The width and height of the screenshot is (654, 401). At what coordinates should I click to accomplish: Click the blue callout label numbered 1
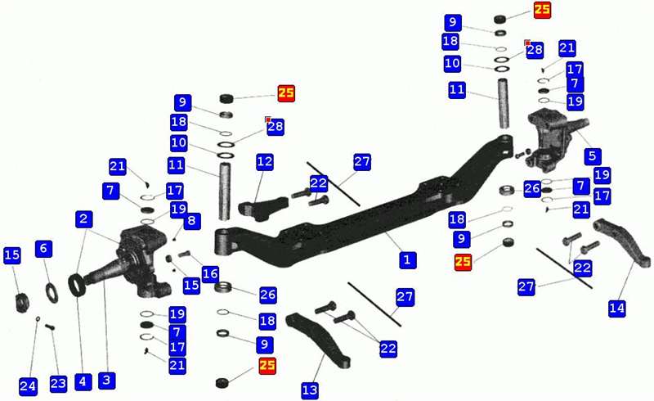click(x=407, y=259)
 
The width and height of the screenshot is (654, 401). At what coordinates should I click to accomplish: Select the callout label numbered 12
click(x=265, y=162)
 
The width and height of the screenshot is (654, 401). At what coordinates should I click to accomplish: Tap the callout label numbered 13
click(x=310, y=390)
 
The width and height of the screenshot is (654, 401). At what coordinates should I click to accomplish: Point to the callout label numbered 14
click(x=617, y=309)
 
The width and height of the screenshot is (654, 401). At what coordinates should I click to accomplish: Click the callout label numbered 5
click(x=593, y=156)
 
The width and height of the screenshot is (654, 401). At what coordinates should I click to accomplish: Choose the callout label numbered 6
click(x=44, y=249)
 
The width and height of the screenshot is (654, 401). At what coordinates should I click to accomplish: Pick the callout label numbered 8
click(x=191, y=221)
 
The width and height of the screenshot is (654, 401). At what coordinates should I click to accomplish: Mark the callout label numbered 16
click(x=210, y=274)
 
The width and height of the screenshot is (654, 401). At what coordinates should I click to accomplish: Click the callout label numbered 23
click(x=58, y=384)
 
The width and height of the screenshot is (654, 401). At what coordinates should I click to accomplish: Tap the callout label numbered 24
click(x=28, y=386)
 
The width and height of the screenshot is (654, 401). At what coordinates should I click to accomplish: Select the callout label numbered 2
click(x=84, y=219)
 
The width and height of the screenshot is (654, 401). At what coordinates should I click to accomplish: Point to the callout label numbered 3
click(x=106, y=380)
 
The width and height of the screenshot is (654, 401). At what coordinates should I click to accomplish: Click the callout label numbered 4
click(x=83, y=382)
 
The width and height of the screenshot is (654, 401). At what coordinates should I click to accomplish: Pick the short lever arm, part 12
click(x=263, y=208)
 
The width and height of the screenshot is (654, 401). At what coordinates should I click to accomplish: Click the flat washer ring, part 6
click(x=52, y=292)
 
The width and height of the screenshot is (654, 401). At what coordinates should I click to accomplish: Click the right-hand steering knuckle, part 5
click(x=550, y=140)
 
